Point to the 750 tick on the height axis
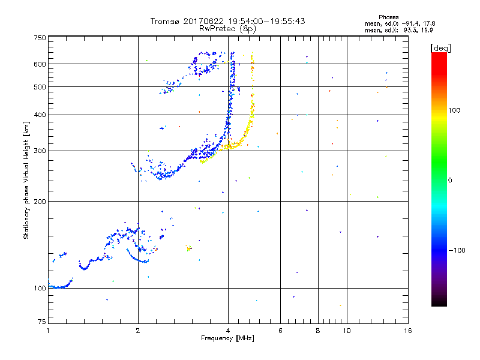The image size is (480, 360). pyautogui.click(x=40, y=38)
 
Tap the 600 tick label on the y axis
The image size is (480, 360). pyautogui.click(x=40, y=64)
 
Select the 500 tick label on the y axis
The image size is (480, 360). pyautogui.click(x=40, y=87)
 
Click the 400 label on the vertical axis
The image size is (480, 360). pyautogui.click(x=40, y=115)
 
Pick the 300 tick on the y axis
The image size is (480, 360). pyautogui.click(x=40, y=151)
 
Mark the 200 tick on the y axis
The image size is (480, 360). pyautogui.click(x=40, y=202)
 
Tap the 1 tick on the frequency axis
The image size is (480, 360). pyautogui.click(x=48, y=330)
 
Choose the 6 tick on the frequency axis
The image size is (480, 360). pyautogui.click(x=280, y=330)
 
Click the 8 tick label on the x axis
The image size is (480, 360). pyautogui.click(x=318, y=330)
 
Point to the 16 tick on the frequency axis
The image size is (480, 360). pyautogui.click(x=407, y=330)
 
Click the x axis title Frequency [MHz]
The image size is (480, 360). pyautogui.click(x=227, y=338)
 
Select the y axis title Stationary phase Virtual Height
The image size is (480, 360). pyautogui.click(x=26, y=180)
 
